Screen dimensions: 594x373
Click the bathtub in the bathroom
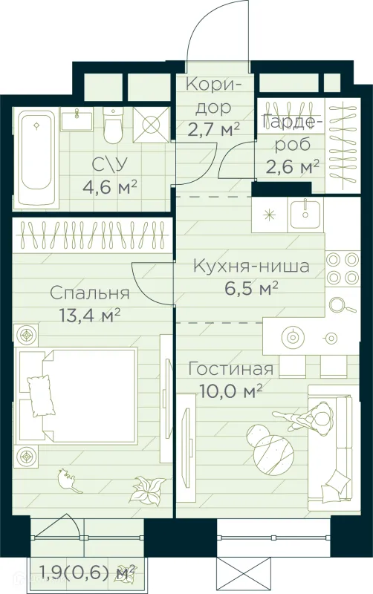click(x=38, y=159)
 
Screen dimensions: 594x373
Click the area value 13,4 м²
click(x=89, y=314)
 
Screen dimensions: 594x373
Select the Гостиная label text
click(x=231, y=369)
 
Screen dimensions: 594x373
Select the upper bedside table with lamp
click(x=27, y=336)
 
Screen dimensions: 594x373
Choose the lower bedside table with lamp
click(x=27, y=454)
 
